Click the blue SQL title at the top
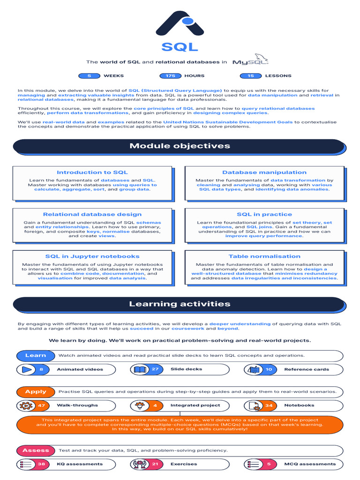(180, 47)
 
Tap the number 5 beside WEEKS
(89, 75)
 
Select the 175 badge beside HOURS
(170, 75)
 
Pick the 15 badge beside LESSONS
(251, 75)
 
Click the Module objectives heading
(180, 146)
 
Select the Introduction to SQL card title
(92, 172)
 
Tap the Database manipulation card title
(264, 172)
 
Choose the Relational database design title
(92, 214)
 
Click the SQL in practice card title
(264, 214)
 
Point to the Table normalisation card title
(264, 256)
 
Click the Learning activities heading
(180, 304)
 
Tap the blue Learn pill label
(36, 355)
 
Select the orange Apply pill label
(36, 391)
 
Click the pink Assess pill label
(36, 450)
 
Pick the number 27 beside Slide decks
(155, 369)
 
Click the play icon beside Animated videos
(27, 369)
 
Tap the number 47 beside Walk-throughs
(41, 405)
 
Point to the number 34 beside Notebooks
(269, 405)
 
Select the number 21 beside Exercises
(155, 464)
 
